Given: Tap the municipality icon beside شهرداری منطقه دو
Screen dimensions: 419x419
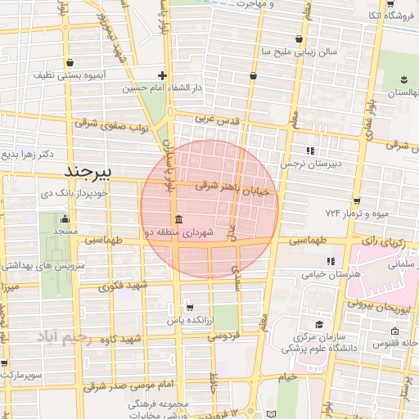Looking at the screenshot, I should click(178, 219).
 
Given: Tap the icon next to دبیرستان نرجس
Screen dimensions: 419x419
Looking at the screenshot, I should click(310, 151).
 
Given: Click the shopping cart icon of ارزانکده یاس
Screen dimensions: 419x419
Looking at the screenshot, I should click(190, 308).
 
